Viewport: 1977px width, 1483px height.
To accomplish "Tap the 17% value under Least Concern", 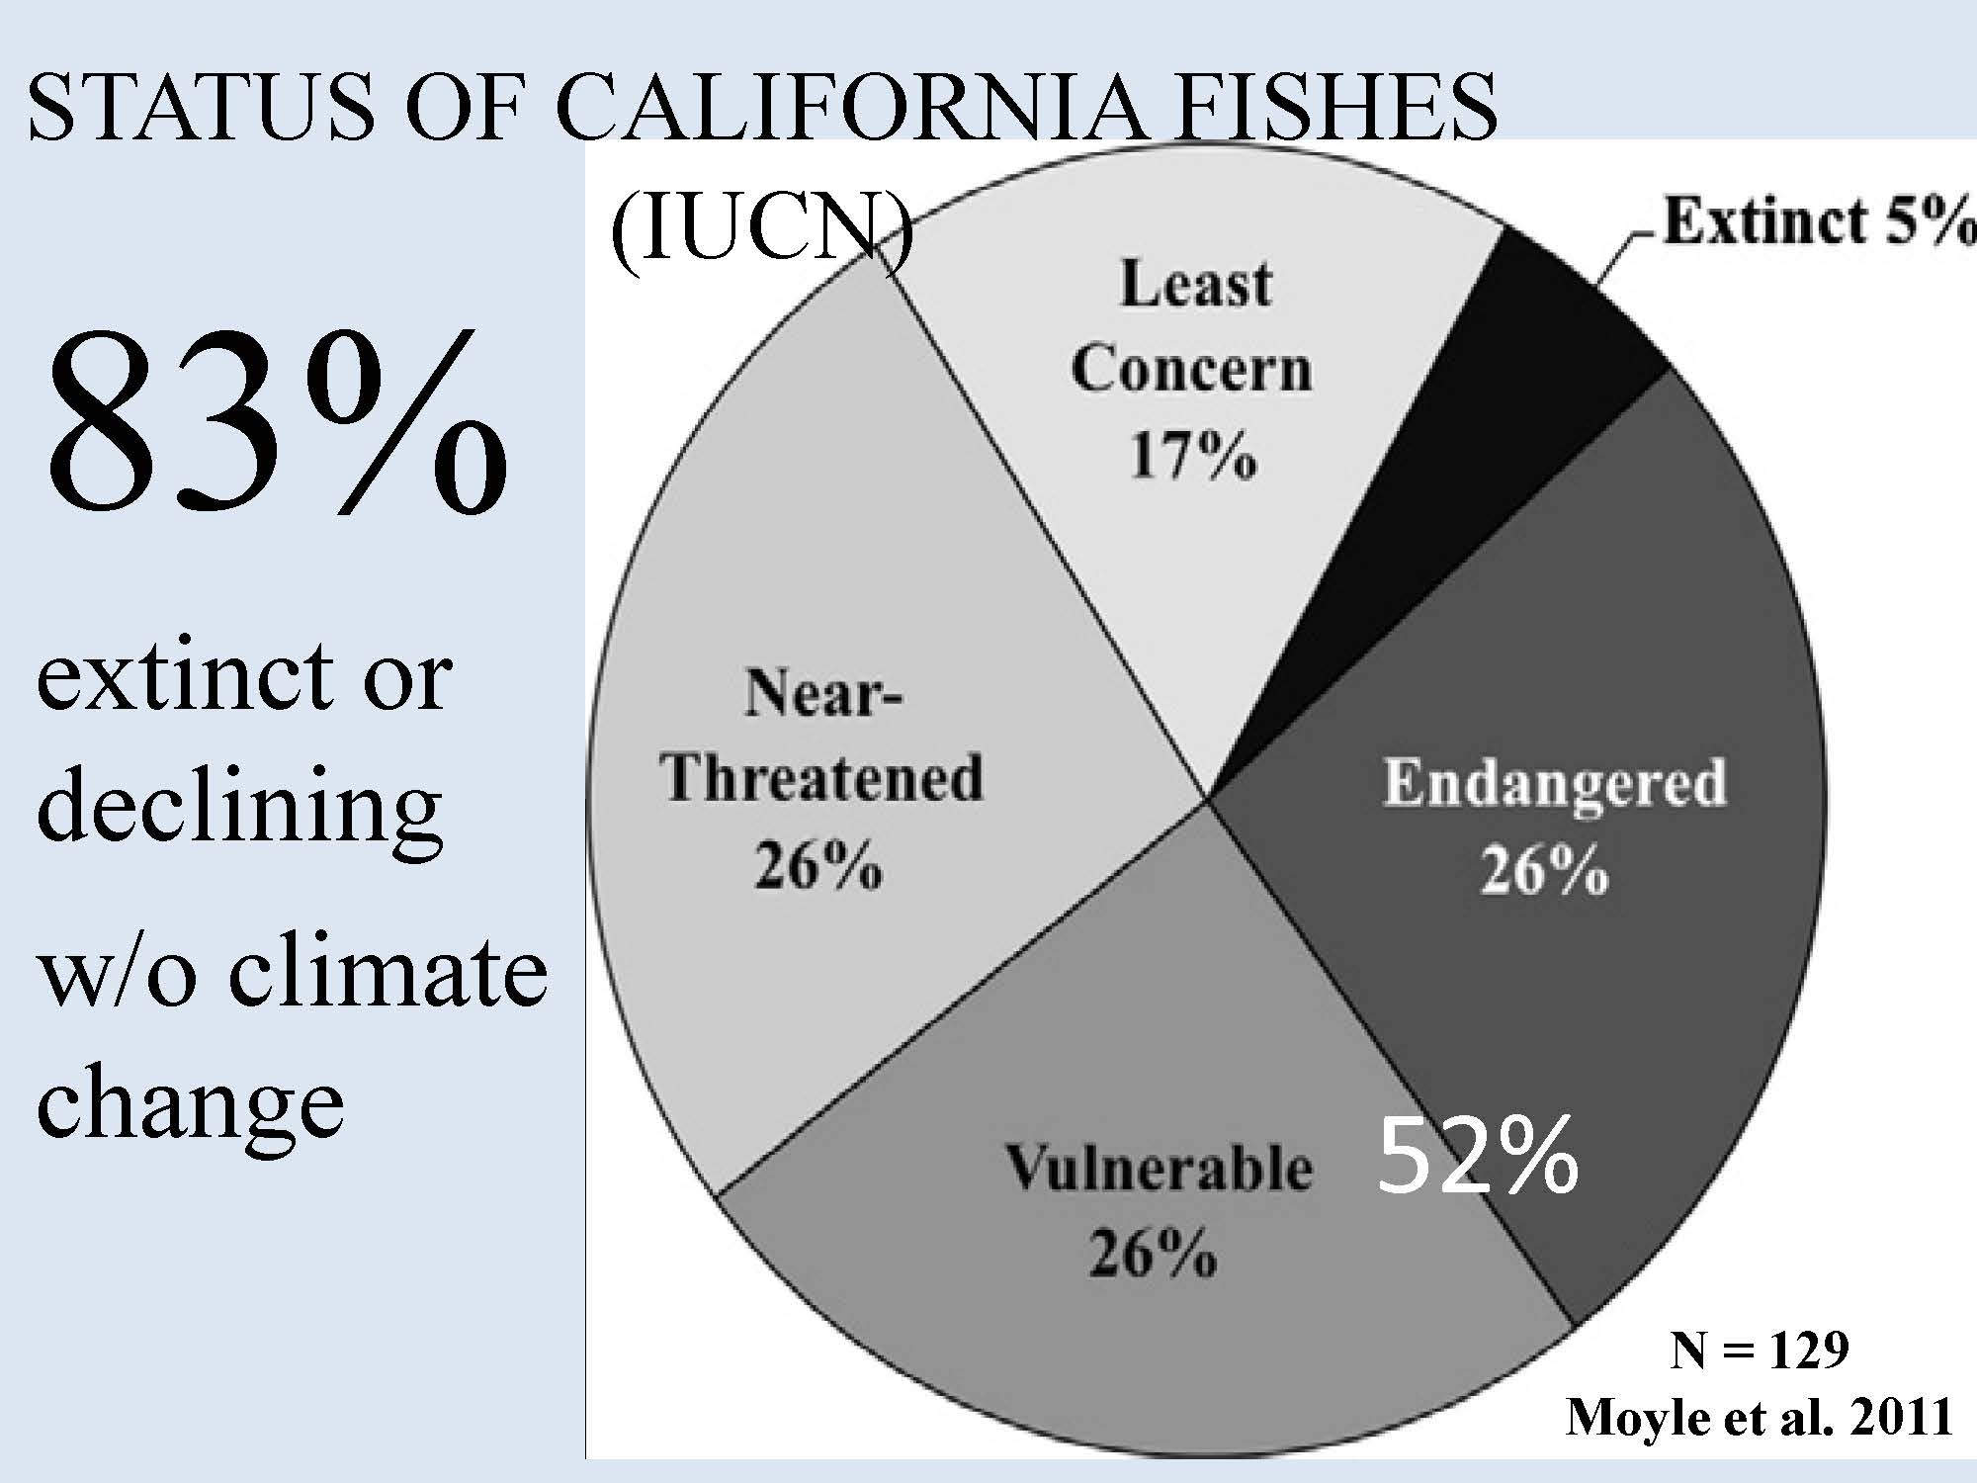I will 1193,457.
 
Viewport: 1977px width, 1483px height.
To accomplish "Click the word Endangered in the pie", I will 1554,783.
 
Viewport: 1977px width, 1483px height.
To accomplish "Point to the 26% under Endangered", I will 1544,871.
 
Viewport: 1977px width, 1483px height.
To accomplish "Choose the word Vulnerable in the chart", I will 1160,1168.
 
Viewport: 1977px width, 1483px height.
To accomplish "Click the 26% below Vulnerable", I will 1153,1254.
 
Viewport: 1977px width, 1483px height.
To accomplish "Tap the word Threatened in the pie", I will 823,778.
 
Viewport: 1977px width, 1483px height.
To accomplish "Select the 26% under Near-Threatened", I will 818,867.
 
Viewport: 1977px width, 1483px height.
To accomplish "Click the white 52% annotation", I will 1477,1156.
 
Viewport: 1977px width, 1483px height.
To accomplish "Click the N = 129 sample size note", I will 1759,1350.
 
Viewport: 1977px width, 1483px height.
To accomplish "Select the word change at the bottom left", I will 190,1101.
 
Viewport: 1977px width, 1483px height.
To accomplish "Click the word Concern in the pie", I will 1191,370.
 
